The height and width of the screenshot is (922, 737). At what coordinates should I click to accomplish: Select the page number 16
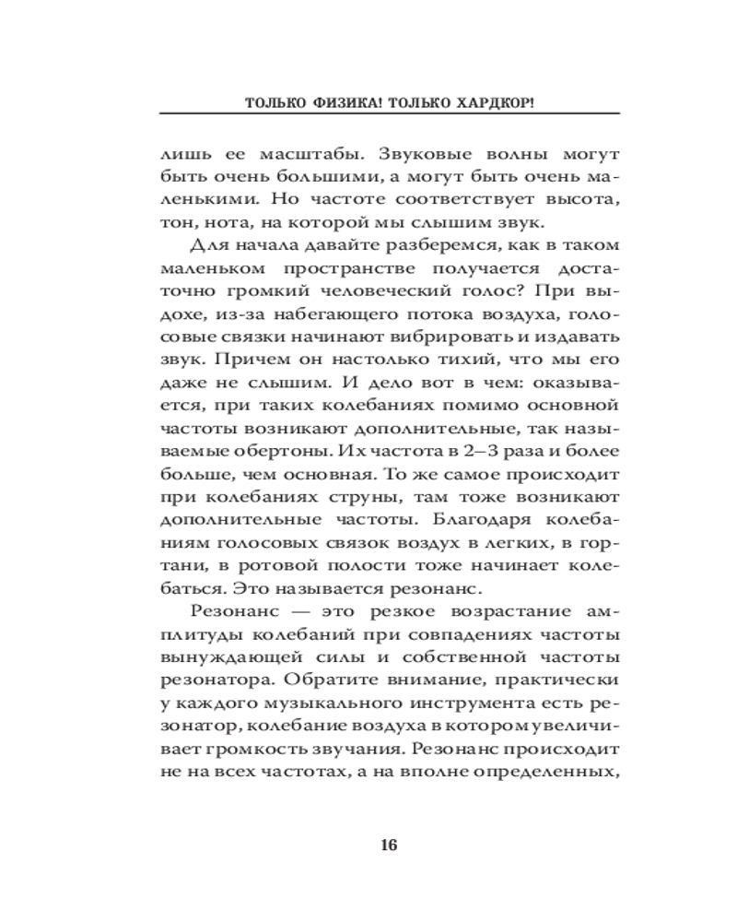point(388,846)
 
